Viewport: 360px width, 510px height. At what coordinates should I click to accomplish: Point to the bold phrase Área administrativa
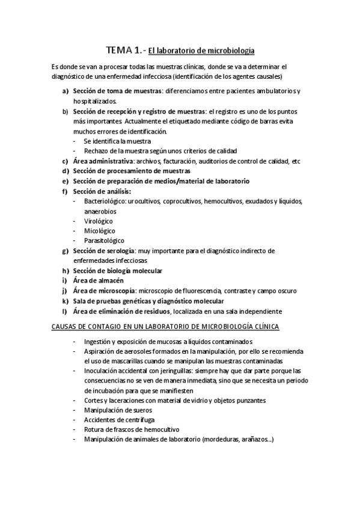tap(103, 161)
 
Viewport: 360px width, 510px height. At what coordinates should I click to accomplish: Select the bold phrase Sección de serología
tap(103, 251)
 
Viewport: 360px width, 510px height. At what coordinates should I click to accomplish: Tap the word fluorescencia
tap(207, 291)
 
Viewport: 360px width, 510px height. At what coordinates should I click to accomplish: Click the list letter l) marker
tap(64, 311)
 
